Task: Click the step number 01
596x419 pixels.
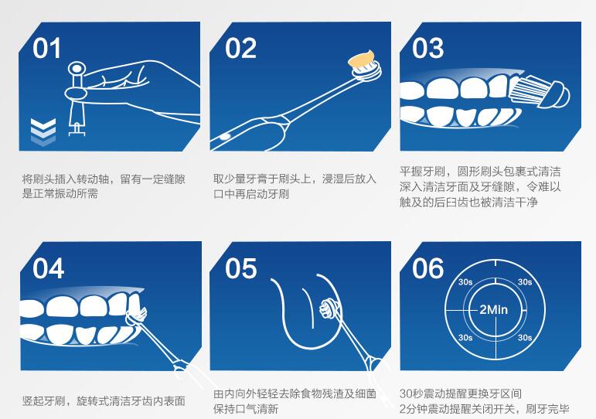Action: [46, 48]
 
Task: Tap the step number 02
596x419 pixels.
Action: [240, 48]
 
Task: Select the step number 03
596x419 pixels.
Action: [427, 48]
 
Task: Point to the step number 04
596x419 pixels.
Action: [48, 268]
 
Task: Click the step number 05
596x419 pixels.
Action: [240, 268]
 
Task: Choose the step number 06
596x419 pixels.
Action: [427, 268]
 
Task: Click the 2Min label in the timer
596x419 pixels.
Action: [493, 309]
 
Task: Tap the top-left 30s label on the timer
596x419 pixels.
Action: [465, 282]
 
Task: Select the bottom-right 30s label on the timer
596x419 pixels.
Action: [525, 338]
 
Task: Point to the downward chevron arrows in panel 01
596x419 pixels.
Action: [43, 131]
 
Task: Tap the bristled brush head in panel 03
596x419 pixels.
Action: [539, 91]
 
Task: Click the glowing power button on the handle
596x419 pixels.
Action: [225, 136]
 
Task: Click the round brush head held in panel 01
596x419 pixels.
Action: [77, 70]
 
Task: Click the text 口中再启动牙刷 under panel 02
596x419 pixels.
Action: [251, 194]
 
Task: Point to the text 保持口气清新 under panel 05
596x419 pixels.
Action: [246, 409]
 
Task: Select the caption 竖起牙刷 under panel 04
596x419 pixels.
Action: [44, 400]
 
